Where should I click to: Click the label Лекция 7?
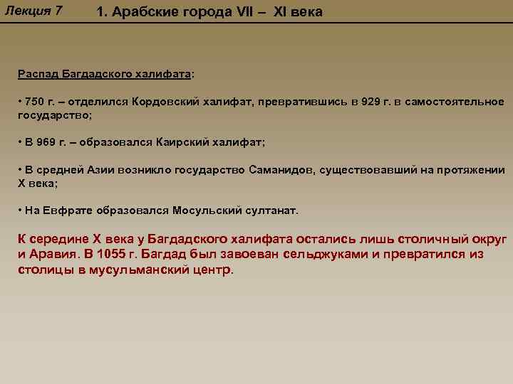coord(33,11)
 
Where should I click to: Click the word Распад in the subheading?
coord(36,74)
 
